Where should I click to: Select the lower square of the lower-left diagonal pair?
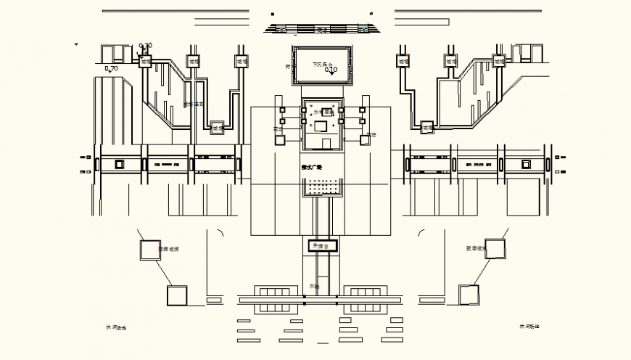point(177,295)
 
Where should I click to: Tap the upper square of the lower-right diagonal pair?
point(496,247)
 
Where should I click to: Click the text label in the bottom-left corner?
point(115,327)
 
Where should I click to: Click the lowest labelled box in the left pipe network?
point(217,128)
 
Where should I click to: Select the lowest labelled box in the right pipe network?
point(427,128)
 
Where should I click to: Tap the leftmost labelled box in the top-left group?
point(146,62)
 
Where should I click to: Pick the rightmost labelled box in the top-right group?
point(498,62)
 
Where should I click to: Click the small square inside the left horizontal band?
point(118,163)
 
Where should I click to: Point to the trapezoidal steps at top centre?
point(321,29)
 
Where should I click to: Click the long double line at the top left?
point(175,12)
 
